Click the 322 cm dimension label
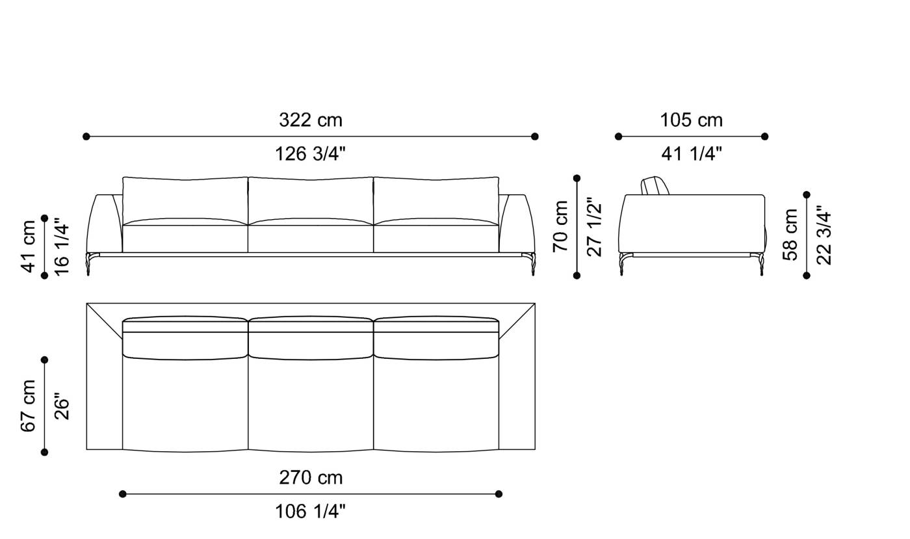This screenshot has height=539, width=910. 310,120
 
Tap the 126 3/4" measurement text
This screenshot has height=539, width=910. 310,154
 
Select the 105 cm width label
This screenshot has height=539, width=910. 691,120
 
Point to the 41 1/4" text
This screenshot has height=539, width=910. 692,154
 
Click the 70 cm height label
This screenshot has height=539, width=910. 560,226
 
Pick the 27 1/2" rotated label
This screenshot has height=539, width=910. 594,226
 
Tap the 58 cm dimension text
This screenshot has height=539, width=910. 790,234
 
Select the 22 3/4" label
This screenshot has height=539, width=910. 824,235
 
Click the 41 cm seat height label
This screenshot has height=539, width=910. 29,246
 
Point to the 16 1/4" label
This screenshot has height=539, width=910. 62,246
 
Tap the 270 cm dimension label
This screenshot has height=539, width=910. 310,478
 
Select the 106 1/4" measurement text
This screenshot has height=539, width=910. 310,512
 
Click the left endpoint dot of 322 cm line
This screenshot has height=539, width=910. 86,137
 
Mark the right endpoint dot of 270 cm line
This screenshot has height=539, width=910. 499,494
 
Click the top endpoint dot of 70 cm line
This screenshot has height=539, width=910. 577,178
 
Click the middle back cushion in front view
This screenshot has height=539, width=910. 311,199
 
